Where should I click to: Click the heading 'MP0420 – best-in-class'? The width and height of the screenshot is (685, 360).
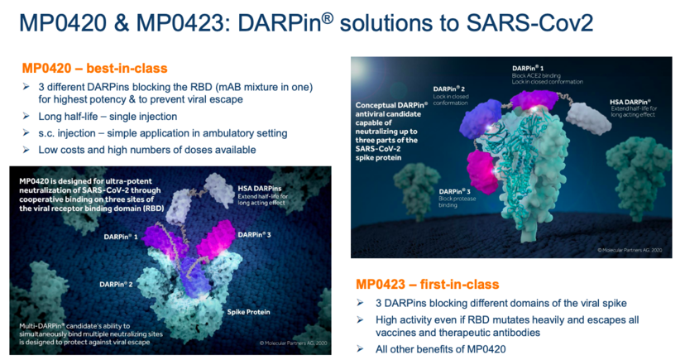click(95, 69)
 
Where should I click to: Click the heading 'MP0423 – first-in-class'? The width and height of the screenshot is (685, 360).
click(427, 285)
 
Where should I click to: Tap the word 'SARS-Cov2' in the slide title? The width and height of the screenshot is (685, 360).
click(529, 22)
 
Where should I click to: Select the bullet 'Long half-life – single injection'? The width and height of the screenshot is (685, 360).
click(108, 117)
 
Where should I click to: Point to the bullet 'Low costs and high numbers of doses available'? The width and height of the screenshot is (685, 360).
click(147, 150)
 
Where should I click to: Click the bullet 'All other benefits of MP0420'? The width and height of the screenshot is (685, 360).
click(440, 349)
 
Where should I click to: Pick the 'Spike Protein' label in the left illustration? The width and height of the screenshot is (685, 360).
click(248, 312)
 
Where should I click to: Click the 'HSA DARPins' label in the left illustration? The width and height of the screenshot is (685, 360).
click(260, 189)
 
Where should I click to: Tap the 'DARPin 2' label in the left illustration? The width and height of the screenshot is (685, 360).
click(116, 285)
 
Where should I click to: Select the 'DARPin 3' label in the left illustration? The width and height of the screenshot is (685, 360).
click(254, 235)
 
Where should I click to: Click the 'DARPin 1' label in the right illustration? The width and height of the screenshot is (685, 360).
click(528, 69)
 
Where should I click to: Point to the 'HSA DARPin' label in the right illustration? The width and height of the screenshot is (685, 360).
click(630, 103)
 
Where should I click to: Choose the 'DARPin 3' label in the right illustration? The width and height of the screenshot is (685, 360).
click(455, 191)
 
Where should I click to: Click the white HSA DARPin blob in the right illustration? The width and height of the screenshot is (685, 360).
click(588, 118)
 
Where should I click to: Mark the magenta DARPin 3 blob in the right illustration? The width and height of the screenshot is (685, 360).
click(482, 171)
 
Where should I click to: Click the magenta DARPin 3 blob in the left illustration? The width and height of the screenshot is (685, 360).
click(216, 238)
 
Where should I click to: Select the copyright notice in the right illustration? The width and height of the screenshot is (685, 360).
click(630, 250)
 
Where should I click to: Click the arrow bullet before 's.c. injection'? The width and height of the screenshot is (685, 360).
click(26, 132)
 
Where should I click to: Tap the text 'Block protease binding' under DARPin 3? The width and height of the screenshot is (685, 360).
click(457, 202)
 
